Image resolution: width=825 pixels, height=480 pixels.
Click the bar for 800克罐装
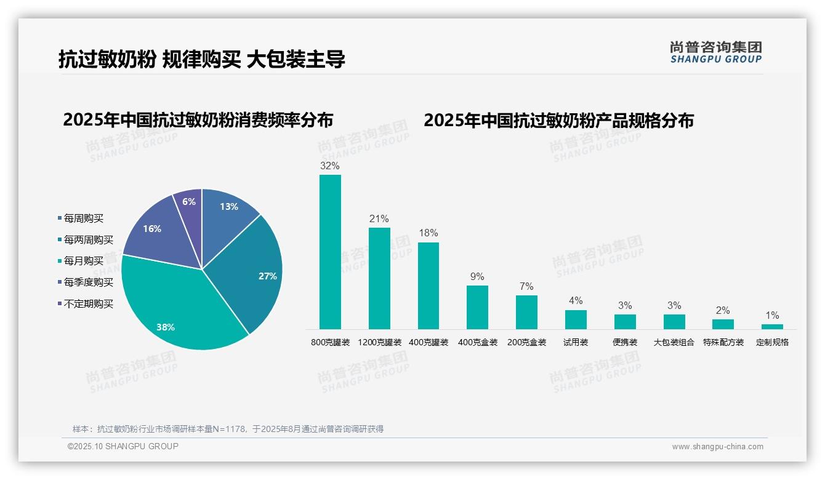(x=330, y=252)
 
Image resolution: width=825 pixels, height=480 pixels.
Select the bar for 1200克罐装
(x=379, y=278)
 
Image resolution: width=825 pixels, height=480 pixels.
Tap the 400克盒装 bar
(x=477, y=307)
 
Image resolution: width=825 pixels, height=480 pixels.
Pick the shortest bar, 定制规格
(x=772, y=327)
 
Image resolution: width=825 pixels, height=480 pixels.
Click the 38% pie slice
(x=179, y=308)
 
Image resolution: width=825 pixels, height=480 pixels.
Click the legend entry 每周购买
(x=84, y=218)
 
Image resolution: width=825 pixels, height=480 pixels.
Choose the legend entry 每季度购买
(x=89, y=282)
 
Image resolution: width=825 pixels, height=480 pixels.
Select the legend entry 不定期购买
(x=89, y=304)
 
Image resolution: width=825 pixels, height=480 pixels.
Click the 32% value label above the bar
(x=330, y=166)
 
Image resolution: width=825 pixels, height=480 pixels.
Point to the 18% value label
(x=429, y=233)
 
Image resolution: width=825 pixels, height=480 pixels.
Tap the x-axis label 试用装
(x=576, y=343)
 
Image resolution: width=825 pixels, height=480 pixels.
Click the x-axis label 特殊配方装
(x=723, y=343)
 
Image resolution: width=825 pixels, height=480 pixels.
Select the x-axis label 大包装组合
(x=674, y=343)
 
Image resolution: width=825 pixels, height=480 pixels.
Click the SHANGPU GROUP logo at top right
(x=716, y=52)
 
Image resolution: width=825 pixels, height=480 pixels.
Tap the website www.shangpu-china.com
(x=717, y=447)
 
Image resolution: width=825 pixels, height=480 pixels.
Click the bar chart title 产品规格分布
(x=558, y=121)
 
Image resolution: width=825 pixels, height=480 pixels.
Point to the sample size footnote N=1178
(x=228, y=429)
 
